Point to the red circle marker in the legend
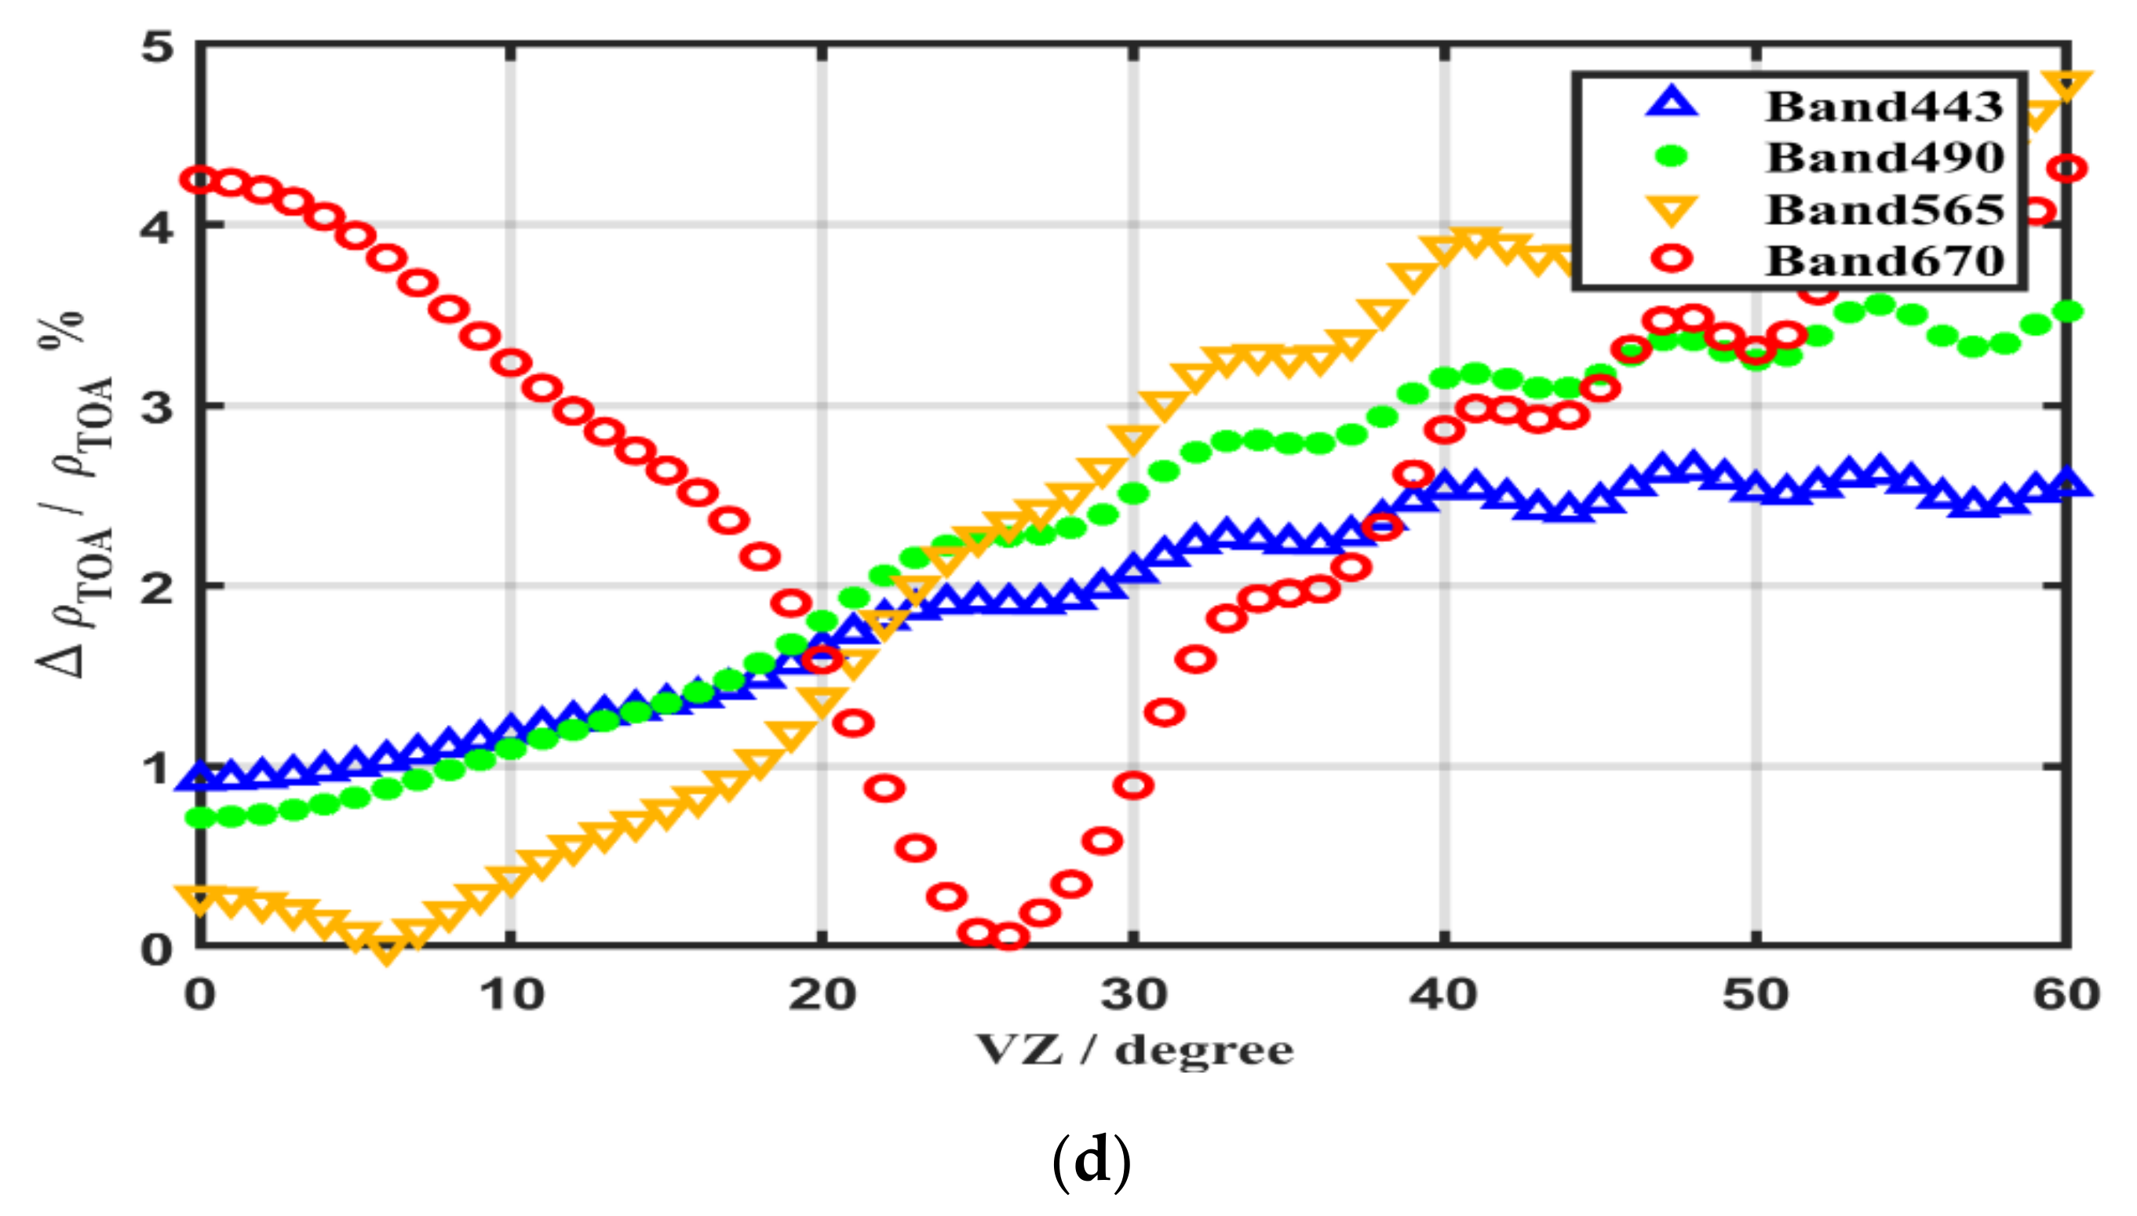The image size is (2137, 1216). (1672, 259)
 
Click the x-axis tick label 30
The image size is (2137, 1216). (1132, 995)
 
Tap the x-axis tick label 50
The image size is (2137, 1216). (1756, 995)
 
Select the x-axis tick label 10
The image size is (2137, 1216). (511, 995)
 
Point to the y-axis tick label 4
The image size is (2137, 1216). (157, 226)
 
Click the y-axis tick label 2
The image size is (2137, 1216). (157, 588)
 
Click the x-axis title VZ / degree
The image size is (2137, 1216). (1134, 1050)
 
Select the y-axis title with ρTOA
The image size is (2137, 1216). (75, 493)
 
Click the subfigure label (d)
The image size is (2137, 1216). (1091, 1162)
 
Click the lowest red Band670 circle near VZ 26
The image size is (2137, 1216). (1008, 937)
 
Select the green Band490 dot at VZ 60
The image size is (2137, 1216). (2067, 311)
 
